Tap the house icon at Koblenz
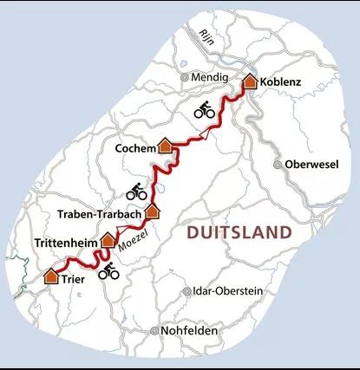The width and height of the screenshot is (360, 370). click(x=250, y=81)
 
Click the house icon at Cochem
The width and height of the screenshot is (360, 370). click(x=164, y=146)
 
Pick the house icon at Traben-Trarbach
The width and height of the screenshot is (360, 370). click(x=153, y=210)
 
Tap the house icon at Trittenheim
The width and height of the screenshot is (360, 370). click(x=108, y=239)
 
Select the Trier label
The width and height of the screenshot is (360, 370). click(x=75, y=280)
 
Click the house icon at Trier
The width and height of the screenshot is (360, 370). click(x=51, y=276)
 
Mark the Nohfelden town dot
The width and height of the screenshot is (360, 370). click(x=154, y=331)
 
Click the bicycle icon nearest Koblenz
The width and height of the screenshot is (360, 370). click(x=205, y=109)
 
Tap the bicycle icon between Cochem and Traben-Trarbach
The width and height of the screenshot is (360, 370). click(x=137, y=191)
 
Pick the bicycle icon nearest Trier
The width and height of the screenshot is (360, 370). click(x=108, y=272)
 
